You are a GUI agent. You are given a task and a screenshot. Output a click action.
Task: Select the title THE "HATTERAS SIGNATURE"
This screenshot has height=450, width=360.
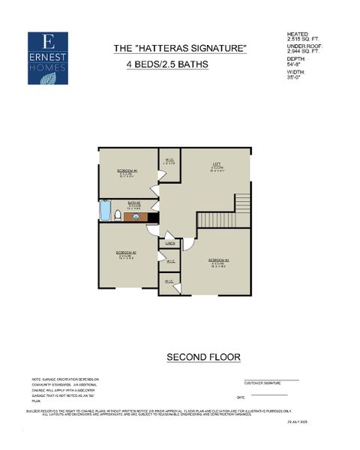(x=179, y=49)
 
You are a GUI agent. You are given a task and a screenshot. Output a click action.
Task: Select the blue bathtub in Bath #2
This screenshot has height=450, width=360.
(x=104, y=211)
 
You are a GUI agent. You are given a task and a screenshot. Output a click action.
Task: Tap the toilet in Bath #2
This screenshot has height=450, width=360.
(x=118, y=216)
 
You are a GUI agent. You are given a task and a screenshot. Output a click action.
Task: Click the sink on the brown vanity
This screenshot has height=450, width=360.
(x=136, y=217)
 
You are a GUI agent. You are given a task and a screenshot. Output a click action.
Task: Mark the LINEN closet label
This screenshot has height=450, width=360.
(x=171, y=242)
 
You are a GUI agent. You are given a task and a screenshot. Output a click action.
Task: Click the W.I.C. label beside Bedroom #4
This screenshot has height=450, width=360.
(x=169, y=160)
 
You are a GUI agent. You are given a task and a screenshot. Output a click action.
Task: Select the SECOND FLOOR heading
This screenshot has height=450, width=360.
(x=203, y=355)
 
